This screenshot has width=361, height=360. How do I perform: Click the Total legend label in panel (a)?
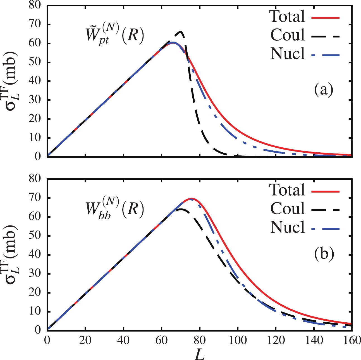287,16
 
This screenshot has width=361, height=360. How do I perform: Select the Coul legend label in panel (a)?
287,35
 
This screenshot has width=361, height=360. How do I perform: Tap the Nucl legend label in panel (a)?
287,54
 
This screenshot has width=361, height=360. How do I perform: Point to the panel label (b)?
324,255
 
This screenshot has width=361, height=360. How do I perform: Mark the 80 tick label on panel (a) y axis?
36,6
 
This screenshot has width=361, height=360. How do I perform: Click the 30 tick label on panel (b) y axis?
36,274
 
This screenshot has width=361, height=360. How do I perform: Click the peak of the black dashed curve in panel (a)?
181,32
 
